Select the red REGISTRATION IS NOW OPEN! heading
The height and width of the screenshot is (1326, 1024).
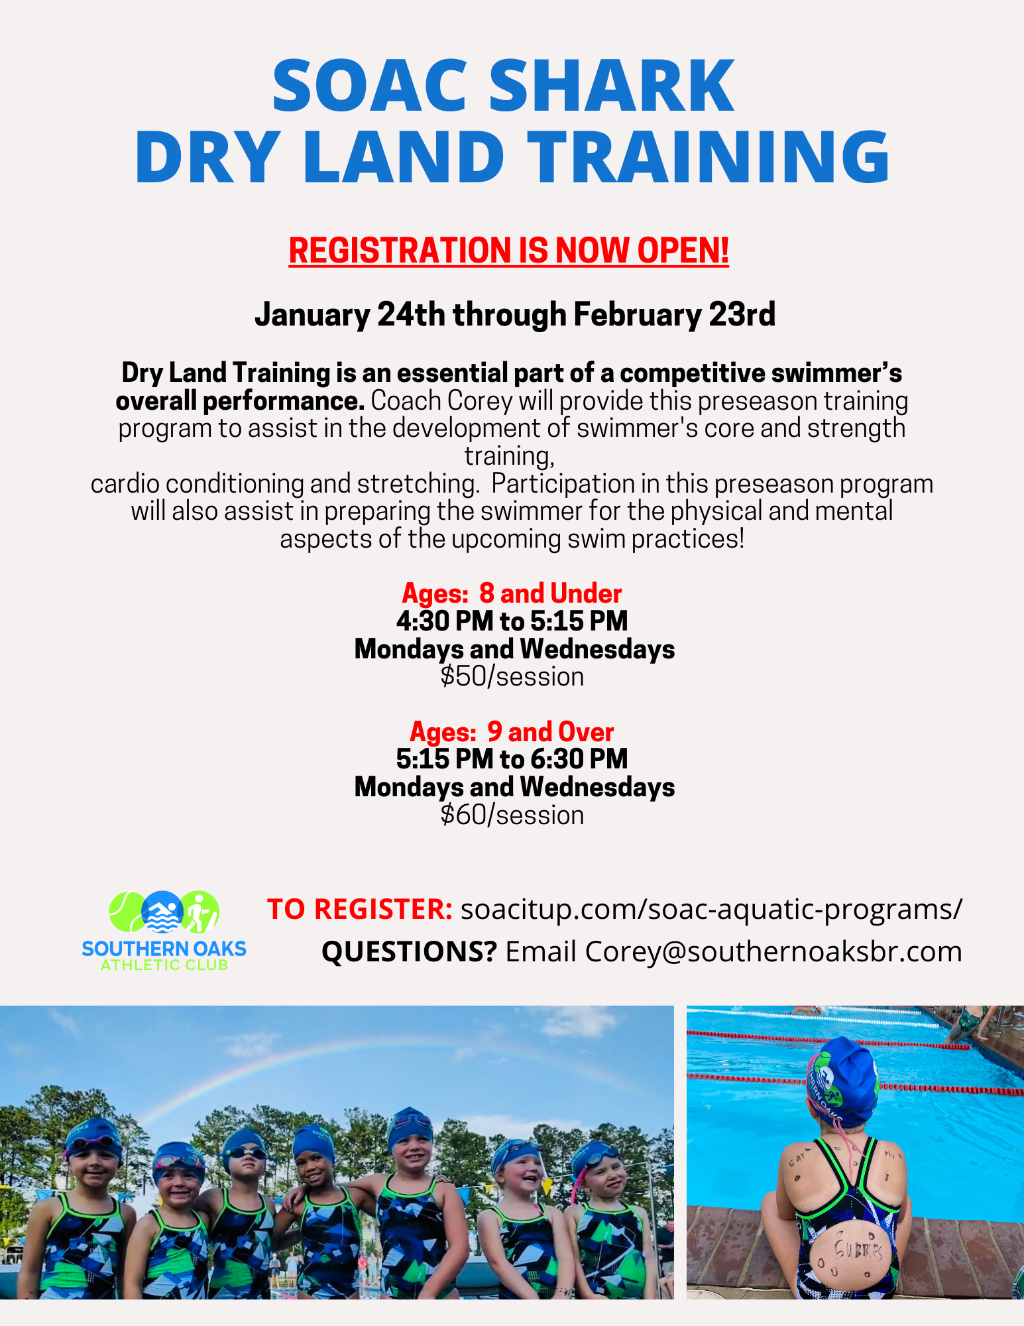point(509,251)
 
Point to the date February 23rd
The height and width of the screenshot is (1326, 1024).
point(674,314)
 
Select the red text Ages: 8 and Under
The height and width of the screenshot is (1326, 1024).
point(512,593)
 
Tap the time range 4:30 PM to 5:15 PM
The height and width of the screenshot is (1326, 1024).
point(512,621)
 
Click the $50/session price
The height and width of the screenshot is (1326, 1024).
point(512,677)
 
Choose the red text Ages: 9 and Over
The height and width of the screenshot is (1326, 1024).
point(512,732)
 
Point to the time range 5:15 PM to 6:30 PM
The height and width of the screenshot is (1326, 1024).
point(512,759)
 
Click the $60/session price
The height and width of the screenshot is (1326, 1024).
point(512,815)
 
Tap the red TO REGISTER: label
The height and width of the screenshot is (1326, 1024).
point(360,909)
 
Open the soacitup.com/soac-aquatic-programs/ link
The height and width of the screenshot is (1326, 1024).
point(711,910)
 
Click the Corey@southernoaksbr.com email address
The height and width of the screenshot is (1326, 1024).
point(773,951)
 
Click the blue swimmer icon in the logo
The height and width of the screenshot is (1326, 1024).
point(163,912)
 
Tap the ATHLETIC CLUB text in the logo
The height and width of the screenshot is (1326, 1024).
point(164,965)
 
